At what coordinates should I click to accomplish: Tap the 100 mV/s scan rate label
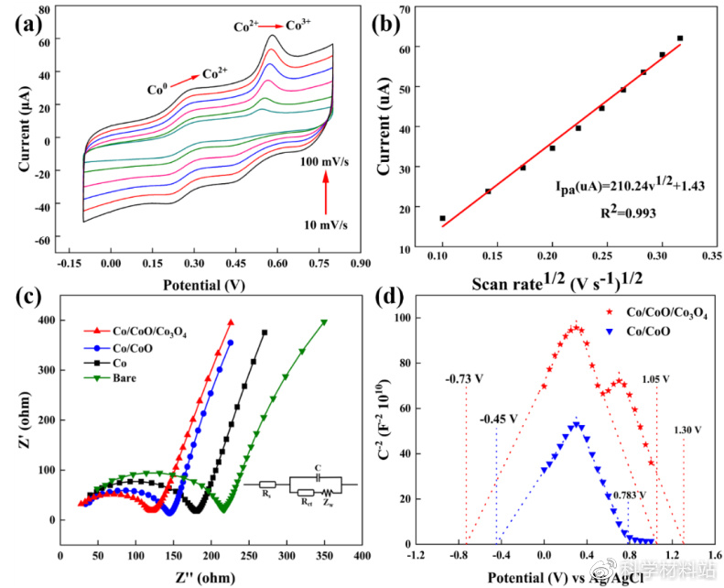click(x=324, y=160)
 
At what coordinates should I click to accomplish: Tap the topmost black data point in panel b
click(x=680, y=38)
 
